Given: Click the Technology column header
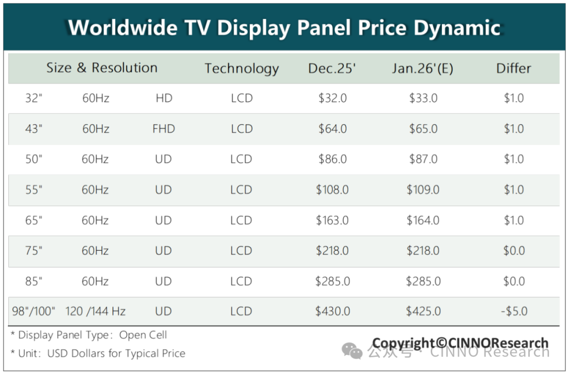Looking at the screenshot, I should click(x=241, y=68).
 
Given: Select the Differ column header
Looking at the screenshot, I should click(x=513, y=68).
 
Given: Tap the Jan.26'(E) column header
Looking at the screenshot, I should click(x=423, y=68).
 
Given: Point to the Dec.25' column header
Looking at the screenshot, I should click(x=332, y=68).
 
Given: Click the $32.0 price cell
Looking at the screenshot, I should click(x=332, y=99).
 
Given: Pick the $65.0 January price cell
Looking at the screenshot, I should click(x=423, y=129).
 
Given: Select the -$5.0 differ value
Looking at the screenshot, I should click(x=514, y=311).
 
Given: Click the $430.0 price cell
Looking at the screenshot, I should click(x=332, y=311).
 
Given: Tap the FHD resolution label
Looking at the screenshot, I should click(x=164, y=129).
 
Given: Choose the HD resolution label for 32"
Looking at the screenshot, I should click(x=164, y=99).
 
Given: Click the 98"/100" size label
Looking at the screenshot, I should click(x=34, y=311).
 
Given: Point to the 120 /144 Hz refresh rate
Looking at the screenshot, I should click(x=95, y=311).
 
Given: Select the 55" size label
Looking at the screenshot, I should click(x=33, y=190).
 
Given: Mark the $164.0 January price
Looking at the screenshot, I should click(x=423, y=220).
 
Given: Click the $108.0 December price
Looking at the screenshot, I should click(x=332, y=190).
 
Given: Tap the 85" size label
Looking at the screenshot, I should click(x=33, y=281).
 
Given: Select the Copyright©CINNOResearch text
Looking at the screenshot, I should click(x=460, y=343).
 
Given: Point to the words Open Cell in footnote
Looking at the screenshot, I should click(x=143, y=335).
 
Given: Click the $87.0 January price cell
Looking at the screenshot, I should click(x=423, y=159).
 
